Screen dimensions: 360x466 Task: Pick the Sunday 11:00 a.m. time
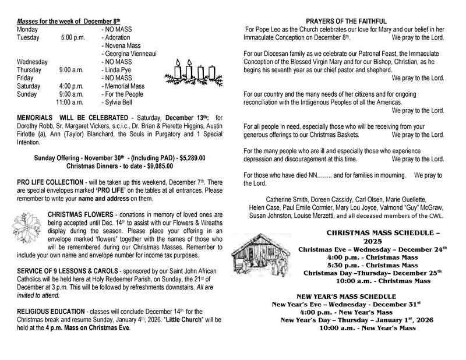[x=70, y=102]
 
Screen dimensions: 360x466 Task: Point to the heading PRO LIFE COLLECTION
[x=52, y=182]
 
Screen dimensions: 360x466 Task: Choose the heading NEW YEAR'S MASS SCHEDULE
[x=347, y=297]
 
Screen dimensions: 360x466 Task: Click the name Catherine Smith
[x=290, y=199]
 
